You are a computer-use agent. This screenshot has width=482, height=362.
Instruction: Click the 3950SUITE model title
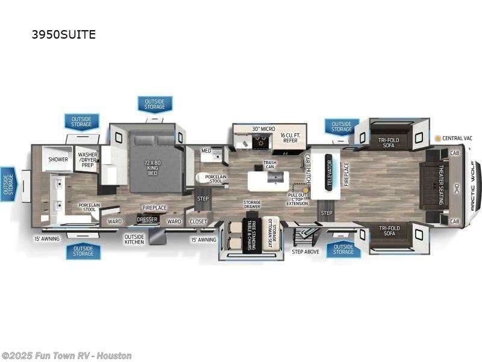coord(63,34)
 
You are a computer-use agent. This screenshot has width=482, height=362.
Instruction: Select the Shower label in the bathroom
coord(58,160)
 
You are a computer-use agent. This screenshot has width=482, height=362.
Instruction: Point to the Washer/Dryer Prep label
coord(88,159)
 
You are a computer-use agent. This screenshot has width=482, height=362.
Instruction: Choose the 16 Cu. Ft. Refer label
coord(289,138)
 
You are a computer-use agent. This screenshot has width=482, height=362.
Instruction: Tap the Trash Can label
coord(269,165)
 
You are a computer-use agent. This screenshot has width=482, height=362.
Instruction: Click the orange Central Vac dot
coord(439,138)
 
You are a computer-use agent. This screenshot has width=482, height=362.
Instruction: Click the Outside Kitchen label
coord(134,239)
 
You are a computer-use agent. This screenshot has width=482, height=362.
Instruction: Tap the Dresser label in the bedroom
coord(147,220)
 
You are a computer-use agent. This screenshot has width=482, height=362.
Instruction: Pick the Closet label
coord(198,221)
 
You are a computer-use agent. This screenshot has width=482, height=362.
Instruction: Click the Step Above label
coord(305,251)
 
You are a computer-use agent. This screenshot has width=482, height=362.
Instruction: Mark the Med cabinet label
coord(206,151)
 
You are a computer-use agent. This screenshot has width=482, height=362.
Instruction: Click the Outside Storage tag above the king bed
coord(154,104)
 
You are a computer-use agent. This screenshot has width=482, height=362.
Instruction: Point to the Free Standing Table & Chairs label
coord(248,236)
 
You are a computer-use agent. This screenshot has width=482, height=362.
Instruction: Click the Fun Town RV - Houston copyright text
coord(66,356)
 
